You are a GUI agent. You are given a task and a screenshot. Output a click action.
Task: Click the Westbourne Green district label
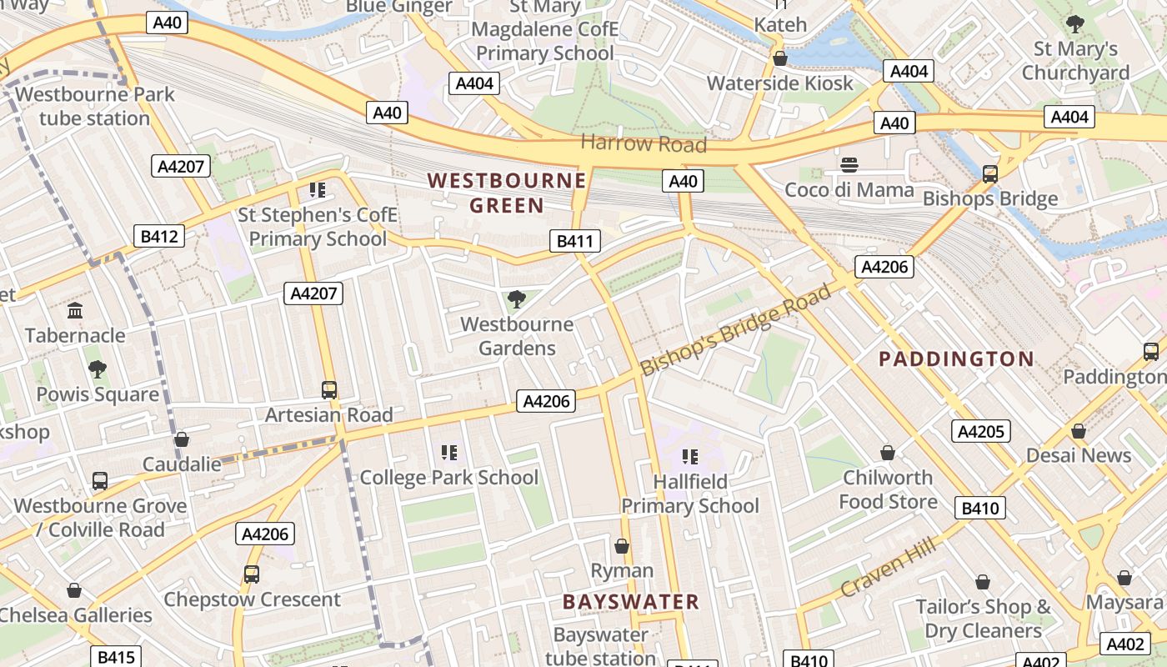[507, 193]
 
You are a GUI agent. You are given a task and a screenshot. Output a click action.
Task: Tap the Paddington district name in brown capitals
[957, 359]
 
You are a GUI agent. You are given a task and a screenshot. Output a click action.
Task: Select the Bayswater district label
[630, 602]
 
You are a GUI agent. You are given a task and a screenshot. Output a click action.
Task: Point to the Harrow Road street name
[643, 143]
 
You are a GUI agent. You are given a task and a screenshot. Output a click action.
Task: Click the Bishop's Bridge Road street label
[736, 328]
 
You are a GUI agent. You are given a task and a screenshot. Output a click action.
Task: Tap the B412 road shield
[159, 237]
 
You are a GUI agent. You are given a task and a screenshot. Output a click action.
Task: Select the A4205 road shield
[981, 431]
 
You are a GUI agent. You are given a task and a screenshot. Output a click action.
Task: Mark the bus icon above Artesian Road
[329, 389]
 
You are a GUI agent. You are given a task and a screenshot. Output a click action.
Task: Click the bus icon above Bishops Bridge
[990, 173]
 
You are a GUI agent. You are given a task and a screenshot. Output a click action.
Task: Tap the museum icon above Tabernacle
[75, 311]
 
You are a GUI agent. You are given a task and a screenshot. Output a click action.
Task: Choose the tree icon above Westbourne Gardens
[517, 298]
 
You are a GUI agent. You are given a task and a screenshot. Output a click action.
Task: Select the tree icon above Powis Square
[98, 369]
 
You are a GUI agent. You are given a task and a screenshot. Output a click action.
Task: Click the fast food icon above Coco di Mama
[849, 164]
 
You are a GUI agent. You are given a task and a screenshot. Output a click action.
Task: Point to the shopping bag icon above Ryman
[622, 546]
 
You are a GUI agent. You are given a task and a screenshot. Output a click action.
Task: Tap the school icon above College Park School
[449, 453]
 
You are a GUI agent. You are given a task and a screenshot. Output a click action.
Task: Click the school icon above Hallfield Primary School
[690, 456]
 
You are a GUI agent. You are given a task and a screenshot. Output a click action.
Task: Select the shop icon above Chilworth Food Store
[888, 453]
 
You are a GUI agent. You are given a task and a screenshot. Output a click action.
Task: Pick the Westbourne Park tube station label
[94, 106]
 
